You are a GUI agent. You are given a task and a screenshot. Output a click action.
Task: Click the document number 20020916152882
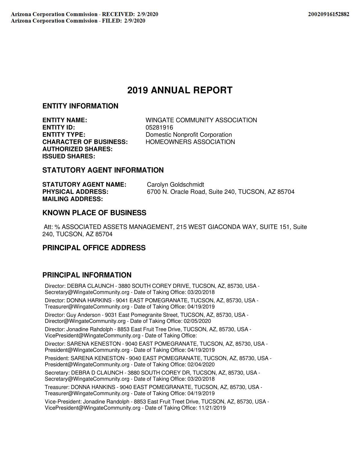tap(328, 14)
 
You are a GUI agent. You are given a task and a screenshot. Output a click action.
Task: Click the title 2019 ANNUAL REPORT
tap(180, 90)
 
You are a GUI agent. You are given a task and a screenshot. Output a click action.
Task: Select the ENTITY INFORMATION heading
tap(80, 106)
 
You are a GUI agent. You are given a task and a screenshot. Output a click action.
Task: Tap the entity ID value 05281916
tap(159, 127)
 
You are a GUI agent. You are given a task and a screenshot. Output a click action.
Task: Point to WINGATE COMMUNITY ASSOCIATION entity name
tap(201, 120)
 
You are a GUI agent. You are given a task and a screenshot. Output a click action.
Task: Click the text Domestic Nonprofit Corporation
tap(189, 135)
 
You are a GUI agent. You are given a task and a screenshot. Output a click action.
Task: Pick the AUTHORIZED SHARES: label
tap(77, 149)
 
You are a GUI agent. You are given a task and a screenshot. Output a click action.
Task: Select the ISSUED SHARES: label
tap(69, 156)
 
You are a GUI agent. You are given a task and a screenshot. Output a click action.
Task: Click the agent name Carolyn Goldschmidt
tap(175, 185)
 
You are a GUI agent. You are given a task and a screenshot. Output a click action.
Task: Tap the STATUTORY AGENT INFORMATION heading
tap(103, 170)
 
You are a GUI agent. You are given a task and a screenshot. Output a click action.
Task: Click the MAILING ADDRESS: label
tap(73, 199)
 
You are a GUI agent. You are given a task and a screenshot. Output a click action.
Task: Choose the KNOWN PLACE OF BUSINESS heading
tap(94, 213)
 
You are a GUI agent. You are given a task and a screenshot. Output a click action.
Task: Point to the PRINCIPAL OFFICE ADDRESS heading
tap(94, 248)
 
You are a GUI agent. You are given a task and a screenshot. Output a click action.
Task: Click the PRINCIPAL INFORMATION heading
tap(87, 275)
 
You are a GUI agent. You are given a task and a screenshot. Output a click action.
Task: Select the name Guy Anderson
tap(83, 315)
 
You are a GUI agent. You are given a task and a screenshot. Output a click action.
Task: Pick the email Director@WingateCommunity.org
tap(85, 321)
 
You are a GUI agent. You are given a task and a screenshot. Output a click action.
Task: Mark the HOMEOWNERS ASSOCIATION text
tap(190, 142)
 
